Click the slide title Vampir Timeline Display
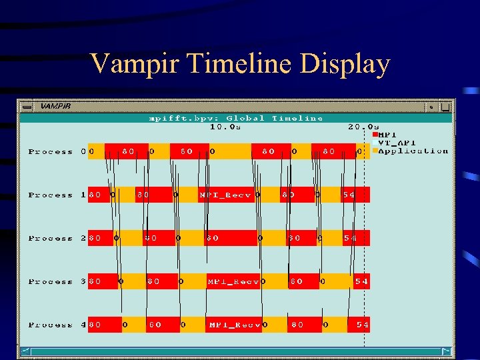point(240,64)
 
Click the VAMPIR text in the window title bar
point(55,106)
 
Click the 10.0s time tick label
point(226,126)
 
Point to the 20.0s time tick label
point(363,126)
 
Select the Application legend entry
point(412,151)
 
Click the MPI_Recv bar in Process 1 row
point(225,195)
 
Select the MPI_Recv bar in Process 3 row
point(233,282)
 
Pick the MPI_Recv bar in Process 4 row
point(234,325)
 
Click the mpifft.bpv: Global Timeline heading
point(235,118)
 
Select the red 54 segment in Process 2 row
point(354,239)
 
